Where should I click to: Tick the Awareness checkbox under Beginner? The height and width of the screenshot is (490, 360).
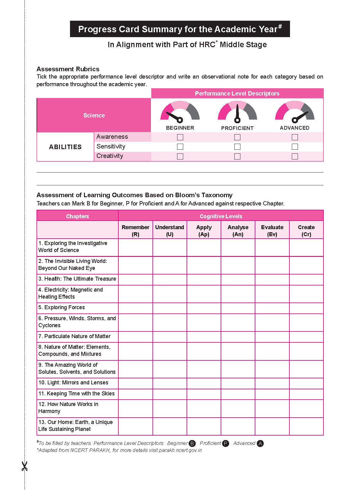pyautogui.click(x=180, y=137)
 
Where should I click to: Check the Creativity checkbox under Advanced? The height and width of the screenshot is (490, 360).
pyautogui.click(x=295, y=156)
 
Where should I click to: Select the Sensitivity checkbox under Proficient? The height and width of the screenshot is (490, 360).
pyautogui.click(x=237, y=147)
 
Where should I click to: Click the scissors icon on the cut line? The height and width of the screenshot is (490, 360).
pyautogui.click(x=24, y=466)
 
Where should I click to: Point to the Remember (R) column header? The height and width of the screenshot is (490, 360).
pyautogui.click(x=135, y=230)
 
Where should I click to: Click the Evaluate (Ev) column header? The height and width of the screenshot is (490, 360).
pyautogui.click(x=272, y=230)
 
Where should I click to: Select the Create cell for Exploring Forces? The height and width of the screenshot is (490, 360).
pyautogui.click(x=306, y=308)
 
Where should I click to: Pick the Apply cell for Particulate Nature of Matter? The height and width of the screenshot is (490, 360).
pyautogui.click(x=204, y=337)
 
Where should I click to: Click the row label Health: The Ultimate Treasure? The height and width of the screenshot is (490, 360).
pyautogui.click(x=77, y=279)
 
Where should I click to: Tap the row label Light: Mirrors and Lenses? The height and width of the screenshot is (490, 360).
pyautogui.click(x=73, y=383)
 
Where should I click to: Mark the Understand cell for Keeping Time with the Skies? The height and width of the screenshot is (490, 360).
pyautogui.click(x=170, y=394)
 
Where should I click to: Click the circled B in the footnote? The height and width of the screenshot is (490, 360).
pyautogui.click(x=192, y=443)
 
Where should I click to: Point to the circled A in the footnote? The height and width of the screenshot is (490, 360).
pyautogui.click(x=260, y=443)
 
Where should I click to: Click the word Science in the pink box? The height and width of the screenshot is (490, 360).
pyautogui.click(x=94, y=115)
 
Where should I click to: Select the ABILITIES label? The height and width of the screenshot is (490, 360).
pyautogui.click(x=65, y=147)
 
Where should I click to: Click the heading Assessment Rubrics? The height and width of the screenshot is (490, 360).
pyautogui.click(x=68, y=69)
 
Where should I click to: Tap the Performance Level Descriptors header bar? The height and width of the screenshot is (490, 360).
pyautogui.click(x=237, y=93)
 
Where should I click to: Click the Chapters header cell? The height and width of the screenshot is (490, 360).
pyautogui.click(x=77, y=216)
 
